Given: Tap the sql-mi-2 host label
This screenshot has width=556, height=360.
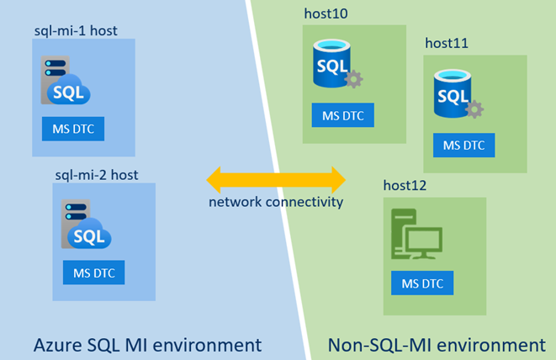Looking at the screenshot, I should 96,174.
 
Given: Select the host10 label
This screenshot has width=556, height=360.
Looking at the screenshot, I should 326,13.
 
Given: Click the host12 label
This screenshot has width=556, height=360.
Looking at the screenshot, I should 405,185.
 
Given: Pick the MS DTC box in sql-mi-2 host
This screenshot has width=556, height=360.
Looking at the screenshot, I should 93,273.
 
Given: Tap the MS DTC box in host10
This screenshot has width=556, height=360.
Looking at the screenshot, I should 343,116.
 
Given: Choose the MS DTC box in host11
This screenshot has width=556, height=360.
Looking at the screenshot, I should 464,145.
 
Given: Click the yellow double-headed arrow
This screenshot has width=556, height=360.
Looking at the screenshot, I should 277,179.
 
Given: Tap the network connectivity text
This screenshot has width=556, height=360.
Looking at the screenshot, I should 277,203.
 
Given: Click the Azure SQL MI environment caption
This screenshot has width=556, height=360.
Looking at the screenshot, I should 147,345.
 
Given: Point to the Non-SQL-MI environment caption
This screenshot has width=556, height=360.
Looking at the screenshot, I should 436,345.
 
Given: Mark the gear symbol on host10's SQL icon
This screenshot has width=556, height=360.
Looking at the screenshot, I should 354,80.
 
